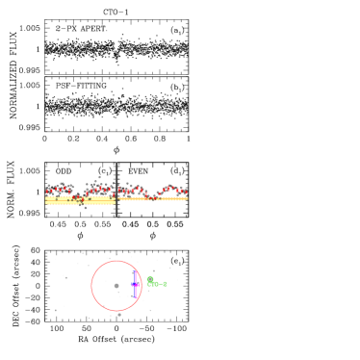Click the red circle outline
[x=92, y=286]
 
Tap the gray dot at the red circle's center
[x=116, y=285]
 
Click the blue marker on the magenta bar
[x=135, y=284]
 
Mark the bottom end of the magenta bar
[x=135, y=296]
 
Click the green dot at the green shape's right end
[x=165, y=284]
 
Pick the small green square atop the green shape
[x=150, y=279]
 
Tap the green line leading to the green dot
[x=159, y=284]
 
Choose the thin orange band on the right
[x=154, y=199]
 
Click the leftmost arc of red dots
[x=58, y=190]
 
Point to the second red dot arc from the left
[x=99, y=190]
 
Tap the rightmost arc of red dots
[x=173, y=190]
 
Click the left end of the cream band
[x=46, y=200]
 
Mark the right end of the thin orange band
[x=187, y=199]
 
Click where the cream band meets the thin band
[x=116, y=199]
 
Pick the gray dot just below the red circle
[x=119, y=315]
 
